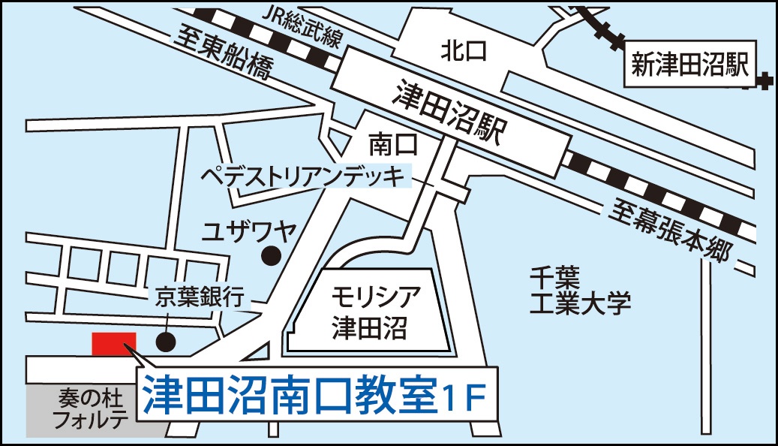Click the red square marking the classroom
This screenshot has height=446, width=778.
(114, 344)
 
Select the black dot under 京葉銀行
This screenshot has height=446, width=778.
(166, 342)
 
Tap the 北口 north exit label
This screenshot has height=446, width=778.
(464, 51)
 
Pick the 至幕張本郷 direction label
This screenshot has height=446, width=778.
(670, 233)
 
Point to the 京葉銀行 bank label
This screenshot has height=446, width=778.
(200, 297)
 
